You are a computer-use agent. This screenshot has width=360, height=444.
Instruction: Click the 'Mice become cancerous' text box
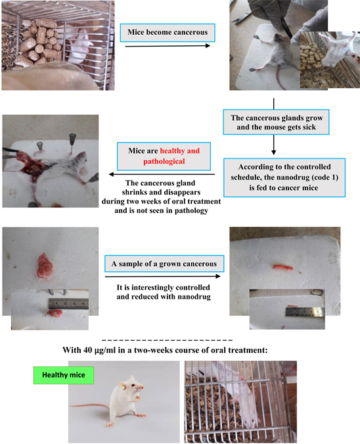(168, 33)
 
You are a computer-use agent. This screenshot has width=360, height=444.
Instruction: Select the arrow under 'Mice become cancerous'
(168, 46)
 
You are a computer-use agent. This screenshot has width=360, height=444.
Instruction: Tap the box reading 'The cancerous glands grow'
(276, 122)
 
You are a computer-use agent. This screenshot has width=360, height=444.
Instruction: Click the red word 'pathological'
(164, 162)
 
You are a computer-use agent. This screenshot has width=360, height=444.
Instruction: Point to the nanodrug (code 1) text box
(284, 177)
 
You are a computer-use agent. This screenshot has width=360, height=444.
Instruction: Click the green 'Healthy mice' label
(64, 375)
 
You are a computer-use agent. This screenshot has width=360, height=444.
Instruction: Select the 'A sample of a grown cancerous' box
(164, 263)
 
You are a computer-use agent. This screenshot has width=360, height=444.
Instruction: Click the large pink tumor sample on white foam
(45, 266)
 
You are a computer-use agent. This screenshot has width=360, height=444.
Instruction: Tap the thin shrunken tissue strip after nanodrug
(282, 267)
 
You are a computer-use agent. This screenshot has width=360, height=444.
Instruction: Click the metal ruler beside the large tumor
(68, 304)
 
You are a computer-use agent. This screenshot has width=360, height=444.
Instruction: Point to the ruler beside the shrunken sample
(305, 312)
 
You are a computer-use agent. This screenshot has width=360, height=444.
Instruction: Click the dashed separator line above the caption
(167, 340)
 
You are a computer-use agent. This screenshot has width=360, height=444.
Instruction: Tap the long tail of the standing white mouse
(90, 407)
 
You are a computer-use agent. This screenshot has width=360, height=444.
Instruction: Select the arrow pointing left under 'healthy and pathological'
(162, 175)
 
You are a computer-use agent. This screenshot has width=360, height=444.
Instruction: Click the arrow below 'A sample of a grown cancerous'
(162, 277)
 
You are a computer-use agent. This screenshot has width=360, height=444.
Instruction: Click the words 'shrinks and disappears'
(161, 192)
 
